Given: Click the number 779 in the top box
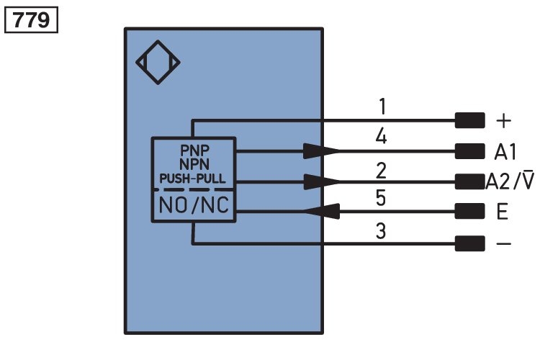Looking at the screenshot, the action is [x=31, y=20].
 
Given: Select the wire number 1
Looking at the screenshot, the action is [x=382, y=107].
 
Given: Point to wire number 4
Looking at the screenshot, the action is [x=381, y=136].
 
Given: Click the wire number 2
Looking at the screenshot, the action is [x=381, y=171].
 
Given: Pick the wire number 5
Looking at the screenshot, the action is [x=381, y=198].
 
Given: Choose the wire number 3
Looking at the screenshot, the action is [x=381, y=231].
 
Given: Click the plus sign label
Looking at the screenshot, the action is [x=503, y=121].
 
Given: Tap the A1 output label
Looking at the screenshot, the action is [x=505, y=152].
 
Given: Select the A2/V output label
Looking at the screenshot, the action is [x=510, y=181].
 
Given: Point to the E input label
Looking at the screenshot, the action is [x=503, y=212].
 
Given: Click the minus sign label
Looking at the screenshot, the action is [x=503, y=244].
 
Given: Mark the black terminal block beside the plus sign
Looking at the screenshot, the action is [x=469, y=120].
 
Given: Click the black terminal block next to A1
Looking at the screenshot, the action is [x=469, y=152].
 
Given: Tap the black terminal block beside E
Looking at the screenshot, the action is [x=469, y=211].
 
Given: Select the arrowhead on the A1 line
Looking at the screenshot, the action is [x=321, y=151].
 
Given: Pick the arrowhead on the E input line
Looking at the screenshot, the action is [x=322, y=211].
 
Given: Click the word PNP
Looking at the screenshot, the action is [x=194, y=150].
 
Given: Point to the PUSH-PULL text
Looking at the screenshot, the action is [x=192, y=179].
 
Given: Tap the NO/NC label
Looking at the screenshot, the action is [x=194, y=205].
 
